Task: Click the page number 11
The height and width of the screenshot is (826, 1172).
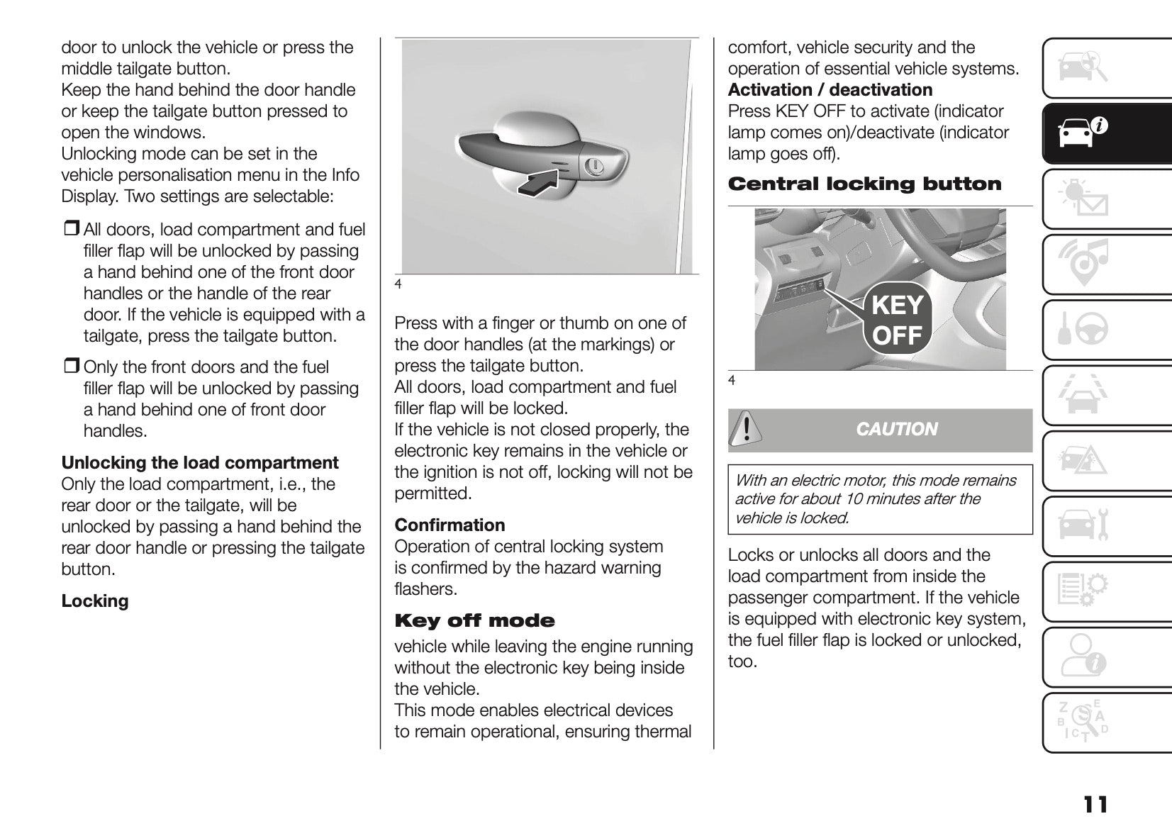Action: coord(1095,805)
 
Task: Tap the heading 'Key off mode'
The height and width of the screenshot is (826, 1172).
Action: coord(474,621)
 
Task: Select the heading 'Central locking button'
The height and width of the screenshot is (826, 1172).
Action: coord(864,184)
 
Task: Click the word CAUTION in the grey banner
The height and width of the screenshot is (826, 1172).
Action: coord(896,430)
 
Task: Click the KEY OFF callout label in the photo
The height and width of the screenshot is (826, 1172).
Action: coord(896,320)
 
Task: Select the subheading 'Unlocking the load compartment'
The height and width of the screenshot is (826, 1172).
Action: coord(200,463)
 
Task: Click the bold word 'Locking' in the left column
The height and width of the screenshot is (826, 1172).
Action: coord(95,601)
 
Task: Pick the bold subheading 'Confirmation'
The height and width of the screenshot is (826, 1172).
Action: coord(450,525)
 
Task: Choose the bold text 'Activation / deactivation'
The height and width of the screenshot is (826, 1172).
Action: coord(830,90)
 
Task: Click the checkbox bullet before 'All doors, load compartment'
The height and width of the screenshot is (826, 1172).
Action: coord(71,230)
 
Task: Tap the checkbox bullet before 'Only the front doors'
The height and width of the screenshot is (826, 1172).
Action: coord(71,367)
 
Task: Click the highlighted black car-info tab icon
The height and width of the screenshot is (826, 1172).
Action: coord(1081,133)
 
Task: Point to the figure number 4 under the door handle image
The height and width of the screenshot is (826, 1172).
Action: coord(398,285)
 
